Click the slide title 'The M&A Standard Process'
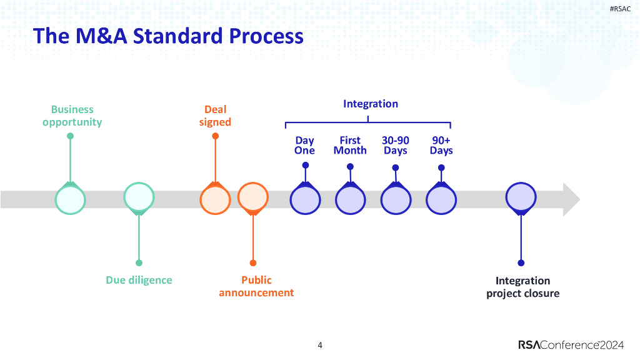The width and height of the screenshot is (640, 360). [x=168, y=36]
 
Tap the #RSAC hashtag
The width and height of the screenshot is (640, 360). [x=620, y=9]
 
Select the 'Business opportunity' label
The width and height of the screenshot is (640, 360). [x=72, y=116]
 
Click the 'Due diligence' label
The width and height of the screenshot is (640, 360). [x=139, y=280]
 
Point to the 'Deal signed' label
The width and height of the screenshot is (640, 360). [x=215, y=116]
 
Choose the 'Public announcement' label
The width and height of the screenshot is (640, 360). [x=256, y=286]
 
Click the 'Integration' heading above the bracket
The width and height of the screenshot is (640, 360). [x=370, y=104]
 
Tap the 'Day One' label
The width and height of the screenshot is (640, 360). [x=305, y=146]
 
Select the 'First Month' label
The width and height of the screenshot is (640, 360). [x=350, y=146]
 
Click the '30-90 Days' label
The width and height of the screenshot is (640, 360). [x=396, y=146]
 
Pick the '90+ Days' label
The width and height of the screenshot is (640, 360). [x=441, y=146]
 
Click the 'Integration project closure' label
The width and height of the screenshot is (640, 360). [x=522, y=287]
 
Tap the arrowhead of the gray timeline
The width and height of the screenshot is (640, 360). [x=570, y=199]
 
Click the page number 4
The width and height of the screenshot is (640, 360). [x=320, y=345]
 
